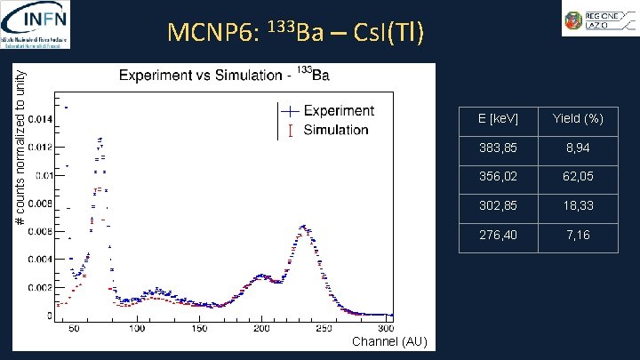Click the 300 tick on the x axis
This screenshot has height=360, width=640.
(385, 329)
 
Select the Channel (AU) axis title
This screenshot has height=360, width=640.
(389, 342)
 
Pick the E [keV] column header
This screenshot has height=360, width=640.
(498, 118)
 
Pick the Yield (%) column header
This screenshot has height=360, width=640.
(578, 118)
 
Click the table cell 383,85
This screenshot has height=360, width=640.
(498, 148)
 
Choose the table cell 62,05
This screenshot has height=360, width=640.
(578, 177)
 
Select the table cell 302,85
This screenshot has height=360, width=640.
(498, 206)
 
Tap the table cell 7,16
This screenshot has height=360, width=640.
(578, 236)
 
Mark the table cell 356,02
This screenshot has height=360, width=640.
(498, 177)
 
